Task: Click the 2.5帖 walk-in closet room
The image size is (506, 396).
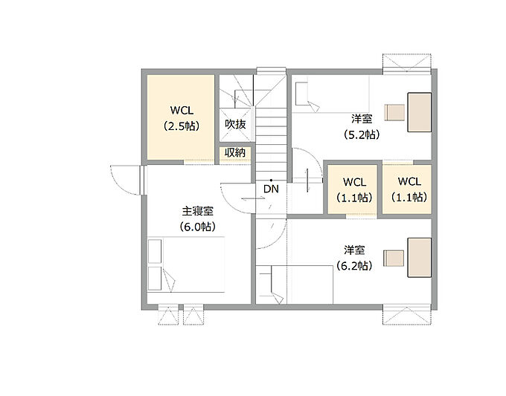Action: (181, 117)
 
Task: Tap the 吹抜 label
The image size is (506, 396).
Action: (235, 124)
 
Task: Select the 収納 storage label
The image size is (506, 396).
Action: (235, 152)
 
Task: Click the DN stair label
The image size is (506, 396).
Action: (271, 189)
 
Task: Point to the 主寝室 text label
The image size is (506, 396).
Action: (197, 211)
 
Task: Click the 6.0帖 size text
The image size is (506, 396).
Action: (197, 227)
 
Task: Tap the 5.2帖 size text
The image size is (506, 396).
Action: (362, 134)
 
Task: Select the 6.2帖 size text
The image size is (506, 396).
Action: (354, 266)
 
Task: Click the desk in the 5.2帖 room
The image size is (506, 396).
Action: (420, 112)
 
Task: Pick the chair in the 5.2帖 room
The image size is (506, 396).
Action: (394, 112)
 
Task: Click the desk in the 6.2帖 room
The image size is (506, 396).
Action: (420, 258)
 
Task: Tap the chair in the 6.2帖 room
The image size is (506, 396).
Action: (394, 258)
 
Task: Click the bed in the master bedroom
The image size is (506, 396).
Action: (186, 264)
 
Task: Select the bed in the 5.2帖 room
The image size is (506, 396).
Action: (333, 94)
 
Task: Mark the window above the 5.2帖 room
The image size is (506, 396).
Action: (407, 64)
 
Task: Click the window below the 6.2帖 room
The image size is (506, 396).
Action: (407, 314)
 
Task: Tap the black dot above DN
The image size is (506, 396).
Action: (271, 180)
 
